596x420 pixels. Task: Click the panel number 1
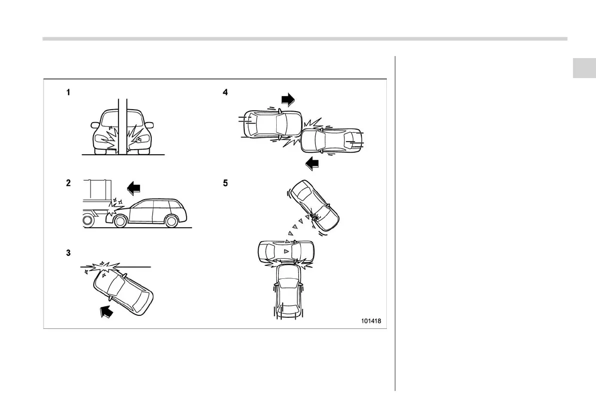[69, 93]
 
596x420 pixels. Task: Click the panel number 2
[69, 184]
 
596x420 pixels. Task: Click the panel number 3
[69, 253]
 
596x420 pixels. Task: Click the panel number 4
[226, 93]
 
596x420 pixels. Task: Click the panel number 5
[226, 184]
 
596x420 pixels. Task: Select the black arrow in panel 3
[106, 311]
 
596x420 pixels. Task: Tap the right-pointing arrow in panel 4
[289, 100]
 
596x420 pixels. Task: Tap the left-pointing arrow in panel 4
[313, 163]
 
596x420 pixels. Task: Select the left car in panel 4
[272, 124]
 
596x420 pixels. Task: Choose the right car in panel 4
[331, 140]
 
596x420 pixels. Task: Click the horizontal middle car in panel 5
[286, 250]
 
